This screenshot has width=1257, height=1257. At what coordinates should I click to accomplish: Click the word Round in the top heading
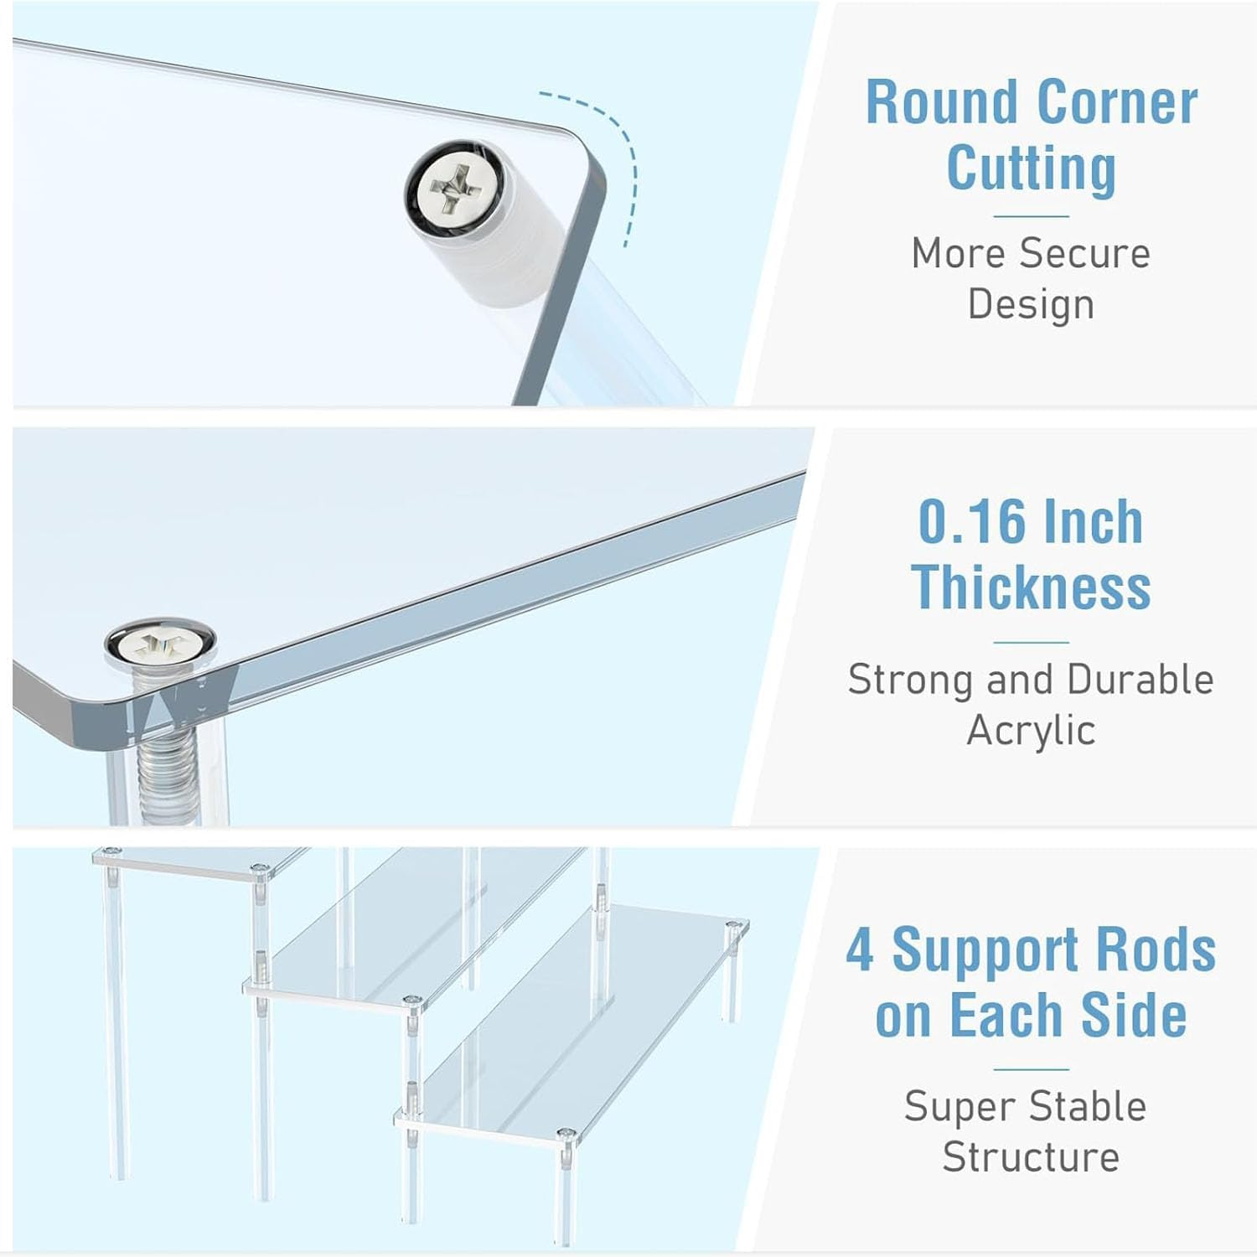coord(942,102)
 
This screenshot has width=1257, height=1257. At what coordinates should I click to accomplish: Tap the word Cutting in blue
coord(1031,168)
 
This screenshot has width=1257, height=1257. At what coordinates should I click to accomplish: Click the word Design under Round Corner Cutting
coord(1031,304)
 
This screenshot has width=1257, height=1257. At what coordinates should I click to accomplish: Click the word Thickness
coord(1031,587)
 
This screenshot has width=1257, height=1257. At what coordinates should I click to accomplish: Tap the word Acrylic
coord(1031,731)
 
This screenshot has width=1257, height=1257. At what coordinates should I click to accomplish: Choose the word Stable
coord(1089,1106)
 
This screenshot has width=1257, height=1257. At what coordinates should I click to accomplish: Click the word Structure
coord(1031,1157)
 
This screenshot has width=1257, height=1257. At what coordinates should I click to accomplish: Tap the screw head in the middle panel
coord(159,644)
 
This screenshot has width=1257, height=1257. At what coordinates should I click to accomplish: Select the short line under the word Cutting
coord(1031,216)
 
